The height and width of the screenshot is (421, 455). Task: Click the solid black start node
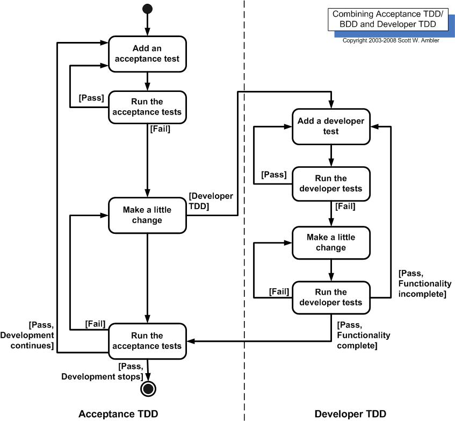pyautogui.click(x=147, y=9)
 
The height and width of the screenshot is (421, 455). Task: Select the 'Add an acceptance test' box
pyautogui.click(x=148, y=53)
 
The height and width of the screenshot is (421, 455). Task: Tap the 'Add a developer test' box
pyautogui.click(x=331, y=126)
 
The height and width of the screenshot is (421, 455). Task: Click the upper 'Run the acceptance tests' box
pyautogui.click(x=148, y=107)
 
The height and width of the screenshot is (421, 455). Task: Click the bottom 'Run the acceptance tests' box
pyautogui.click(x=148, y=340)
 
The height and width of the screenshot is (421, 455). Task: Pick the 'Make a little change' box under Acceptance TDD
pyautogui.click(x=148, y=215)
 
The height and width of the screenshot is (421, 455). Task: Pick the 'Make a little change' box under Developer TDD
pyautogui.click(x=331, y=242)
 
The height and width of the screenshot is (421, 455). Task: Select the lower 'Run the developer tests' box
pyautogui.click(x=331, y=297)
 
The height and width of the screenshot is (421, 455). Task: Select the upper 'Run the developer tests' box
pyautogui.click(x=331, y=183)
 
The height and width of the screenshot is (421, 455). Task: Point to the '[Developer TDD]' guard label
pyautogui.click(x=211, y=201)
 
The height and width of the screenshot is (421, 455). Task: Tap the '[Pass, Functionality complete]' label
pyautogui.click(x=363, y=336)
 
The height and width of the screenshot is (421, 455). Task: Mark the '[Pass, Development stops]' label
pyautogui.click(x=102, y=372)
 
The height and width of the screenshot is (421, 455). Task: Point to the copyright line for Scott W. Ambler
pyautogui.click(x=391, y=40)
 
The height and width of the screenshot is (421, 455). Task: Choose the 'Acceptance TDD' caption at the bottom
pyautogui.click(x=118, y=413)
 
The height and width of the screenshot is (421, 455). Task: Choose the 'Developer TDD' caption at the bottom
pyautogui.click(x=350, y=413)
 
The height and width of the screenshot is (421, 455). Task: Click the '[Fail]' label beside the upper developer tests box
pyautogui.click(x=345, y=205)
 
